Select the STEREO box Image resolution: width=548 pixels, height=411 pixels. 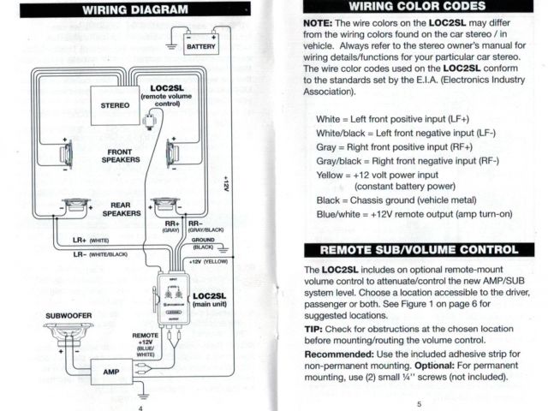click(115, 105)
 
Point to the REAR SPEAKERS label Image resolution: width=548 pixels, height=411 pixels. click(121, 208)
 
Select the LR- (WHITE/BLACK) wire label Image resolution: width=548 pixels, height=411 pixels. click(100, 254)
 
